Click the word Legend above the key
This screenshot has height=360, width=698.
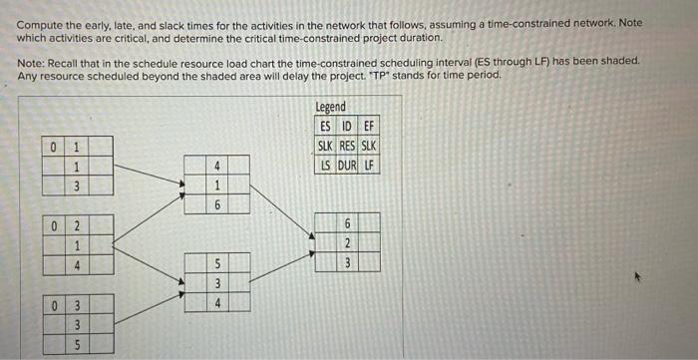coord(331,107)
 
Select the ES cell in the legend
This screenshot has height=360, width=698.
coord(326,126)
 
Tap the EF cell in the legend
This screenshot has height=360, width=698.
coord(369,126)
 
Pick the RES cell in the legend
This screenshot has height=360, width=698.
coord(347,145)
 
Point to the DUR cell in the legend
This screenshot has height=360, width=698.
coord(347,164)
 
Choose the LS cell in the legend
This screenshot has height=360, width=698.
coord(326,164)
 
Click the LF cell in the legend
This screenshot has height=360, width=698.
coord(369,164)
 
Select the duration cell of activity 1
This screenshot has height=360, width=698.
coord(77,185)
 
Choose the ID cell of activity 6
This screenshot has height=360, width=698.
coord(347,224)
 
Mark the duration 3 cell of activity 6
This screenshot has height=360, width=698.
coord(347,262)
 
